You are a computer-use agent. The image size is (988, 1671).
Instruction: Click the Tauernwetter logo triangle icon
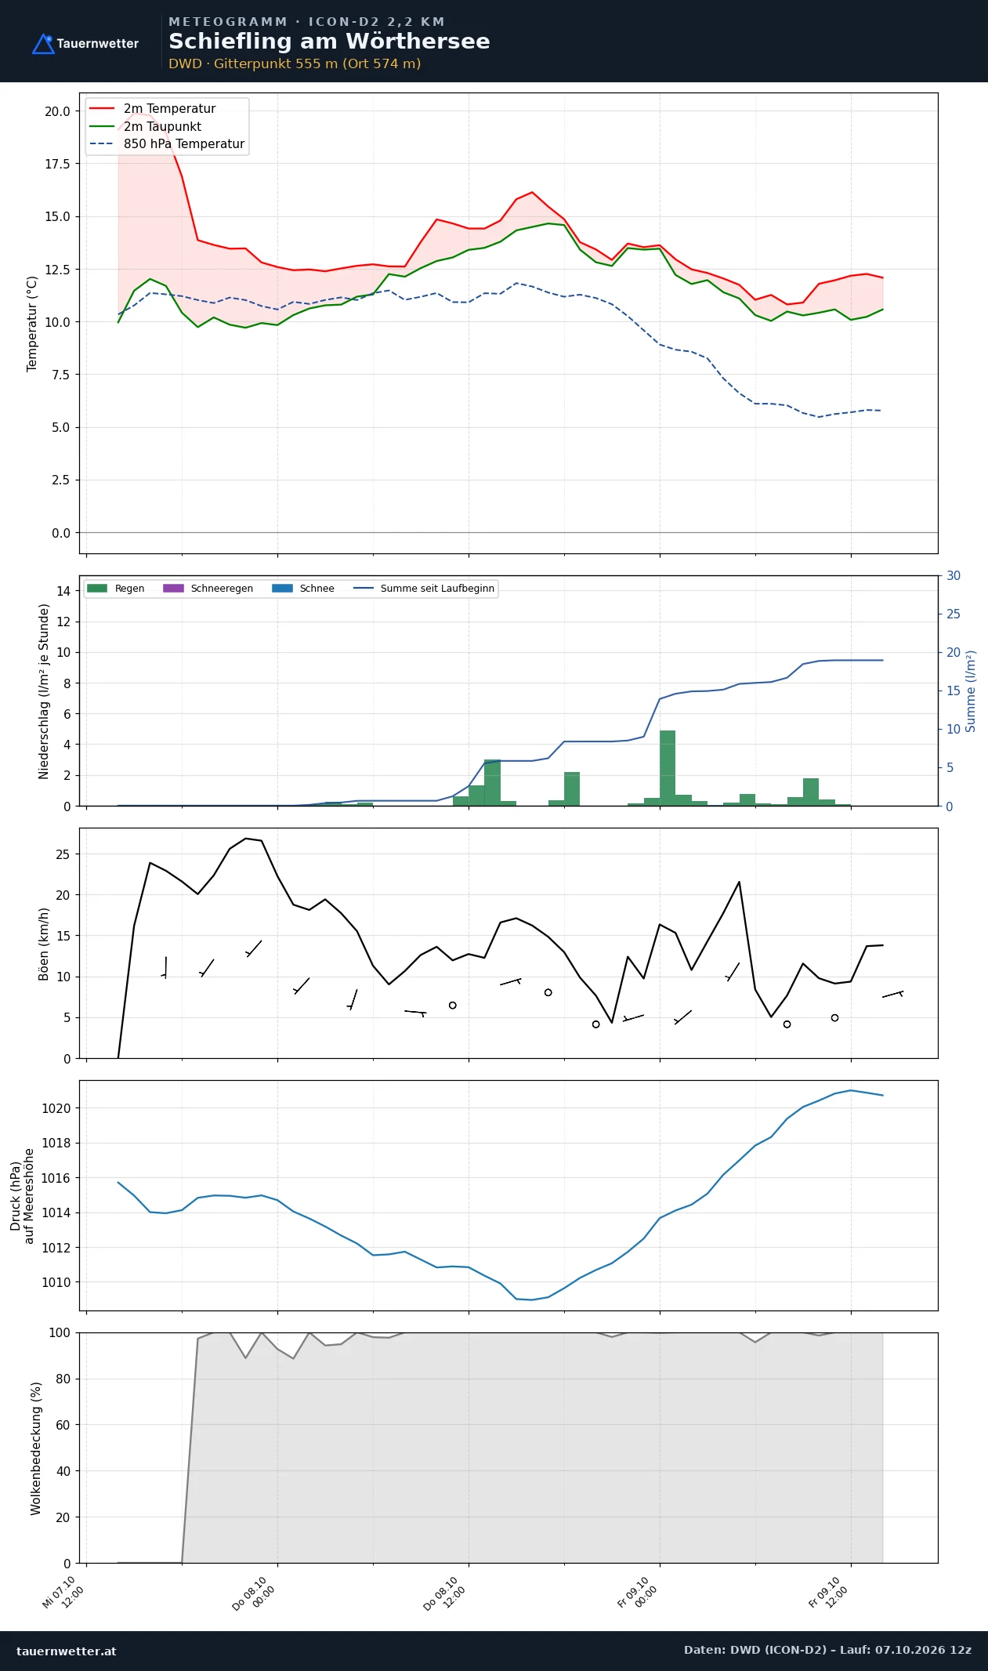click(x=43, y=44)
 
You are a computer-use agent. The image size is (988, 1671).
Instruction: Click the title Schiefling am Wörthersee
click(x=329, y=42)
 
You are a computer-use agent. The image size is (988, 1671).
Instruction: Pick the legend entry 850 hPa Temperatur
click(x=166, y=144)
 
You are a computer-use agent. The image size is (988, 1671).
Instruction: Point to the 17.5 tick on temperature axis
click(x=57, y=164)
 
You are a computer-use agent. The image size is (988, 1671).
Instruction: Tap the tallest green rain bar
click(x=668, y=768)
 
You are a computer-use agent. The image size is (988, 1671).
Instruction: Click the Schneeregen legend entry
click(x=208, y=589)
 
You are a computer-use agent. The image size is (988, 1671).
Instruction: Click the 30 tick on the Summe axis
click(x=954, y=575)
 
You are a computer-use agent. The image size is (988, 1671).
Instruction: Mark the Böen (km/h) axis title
click(x=44, y=944)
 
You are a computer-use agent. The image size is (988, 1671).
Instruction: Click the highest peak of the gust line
click(x=246, y=838)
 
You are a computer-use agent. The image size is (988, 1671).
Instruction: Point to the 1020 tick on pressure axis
click(x=56, y=1108)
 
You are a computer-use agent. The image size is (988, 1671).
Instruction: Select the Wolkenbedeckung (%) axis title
click(x=36, y=1448)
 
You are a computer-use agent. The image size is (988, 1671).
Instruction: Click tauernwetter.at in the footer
click(x=67, y=1651)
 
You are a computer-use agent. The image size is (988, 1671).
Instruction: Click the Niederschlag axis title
click(x=44, y=691)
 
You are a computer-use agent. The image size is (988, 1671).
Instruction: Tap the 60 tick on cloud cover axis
click(x=63, y=1425)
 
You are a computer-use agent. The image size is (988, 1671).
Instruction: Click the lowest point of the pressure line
click(x=532, y=1299)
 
